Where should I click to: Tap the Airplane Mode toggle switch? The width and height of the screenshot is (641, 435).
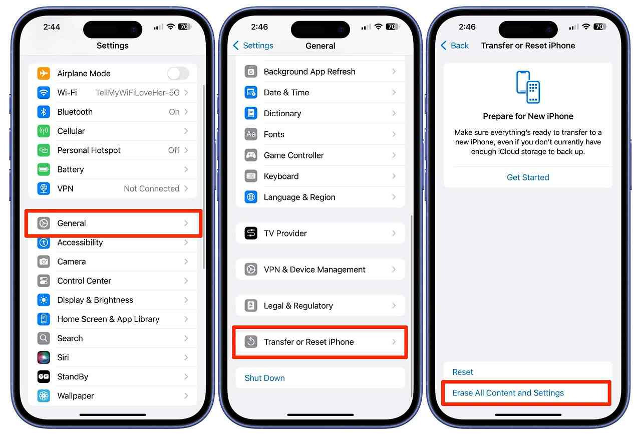[x=178, y=74]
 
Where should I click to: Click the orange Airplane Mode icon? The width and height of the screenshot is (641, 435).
[x=44, y=73]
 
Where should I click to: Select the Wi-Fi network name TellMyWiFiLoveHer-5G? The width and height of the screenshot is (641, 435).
[x=138, y=93]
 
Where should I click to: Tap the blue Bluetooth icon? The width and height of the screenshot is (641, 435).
[x=44, y=112]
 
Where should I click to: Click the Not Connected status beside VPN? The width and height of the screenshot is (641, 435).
[x=152, y=188]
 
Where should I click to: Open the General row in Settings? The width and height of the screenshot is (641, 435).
[x=113, y=223]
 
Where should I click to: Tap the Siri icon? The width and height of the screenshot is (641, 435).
[x=44, y=357]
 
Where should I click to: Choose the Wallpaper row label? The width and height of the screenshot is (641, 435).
[x=76, y=396]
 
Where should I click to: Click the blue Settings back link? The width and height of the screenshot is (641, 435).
[x=253, y=46]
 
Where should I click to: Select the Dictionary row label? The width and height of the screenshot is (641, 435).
[x=282, y=113]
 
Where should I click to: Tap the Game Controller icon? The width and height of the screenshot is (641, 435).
[x=251, y=155]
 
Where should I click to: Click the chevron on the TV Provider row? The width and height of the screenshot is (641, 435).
[x=394, y=234]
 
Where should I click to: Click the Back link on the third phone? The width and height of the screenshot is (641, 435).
[x=455, y=46]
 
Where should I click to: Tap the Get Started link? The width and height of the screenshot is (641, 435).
[x=528, y=177]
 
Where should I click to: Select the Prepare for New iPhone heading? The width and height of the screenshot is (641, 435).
[x=528, y=116]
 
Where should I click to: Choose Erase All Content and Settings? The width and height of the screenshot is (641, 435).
[x=508, y=393]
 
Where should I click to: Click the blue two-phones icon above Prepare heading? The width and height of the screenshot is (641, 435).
[x=528, y=87]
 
